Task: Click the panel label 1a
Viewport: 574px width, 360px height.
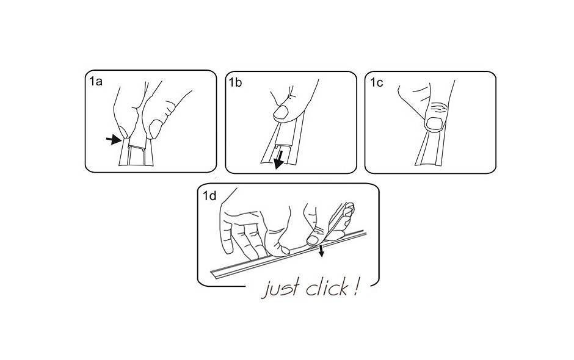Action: click(x=96, y=81)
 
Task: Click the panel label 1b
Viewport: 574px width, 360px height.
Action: click(x=235, y=83)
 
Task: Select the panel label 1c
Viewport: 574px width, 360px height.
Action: click(x=376, y=83)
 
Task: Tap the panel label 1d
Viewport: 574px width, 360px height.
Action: click(x=210, y=196)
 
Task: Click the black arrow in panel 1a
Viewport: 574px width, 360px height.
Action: click(x=114, y=139)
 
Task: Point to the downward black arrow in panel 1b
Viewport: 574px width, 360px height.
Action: click(x=279, y=160)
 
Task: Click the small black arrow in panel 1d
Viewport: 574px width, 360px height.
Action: click(x=321, y=251)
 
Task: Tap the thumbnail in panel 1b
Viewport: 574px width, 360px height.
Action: click(x=281, y=113)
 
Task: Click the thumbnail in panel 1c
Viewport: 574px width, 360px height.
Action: click(x=435, y=124)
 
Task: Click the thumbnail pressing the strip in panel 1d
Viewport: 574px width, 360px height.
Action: click(x=312, y=240)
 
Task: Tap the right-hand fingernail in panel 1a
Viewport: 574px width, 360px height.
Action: click(x=155, y=129)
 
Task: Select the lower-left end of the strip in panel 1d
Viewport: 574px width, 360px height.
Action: click(x=212, y=275)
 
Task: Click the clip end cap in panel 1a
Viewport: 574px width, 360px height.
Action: click(x=137, y=147)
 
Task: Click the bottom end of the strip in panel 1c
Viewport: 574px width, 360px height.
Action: click(x=429, y=164)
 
